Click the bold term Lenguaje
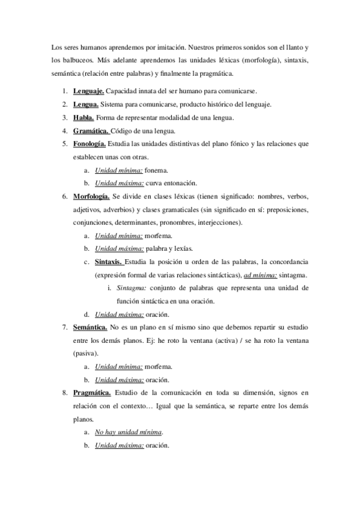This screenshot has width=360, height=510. (89, 91)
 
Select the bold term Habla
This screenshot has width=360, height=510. (84, 117)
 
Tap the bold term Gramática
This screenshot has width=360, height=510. (91, 131)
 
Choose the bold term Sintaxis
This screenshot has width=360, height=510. (109, 262)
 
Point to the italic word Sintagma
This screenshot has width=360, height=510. (130, 288)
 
